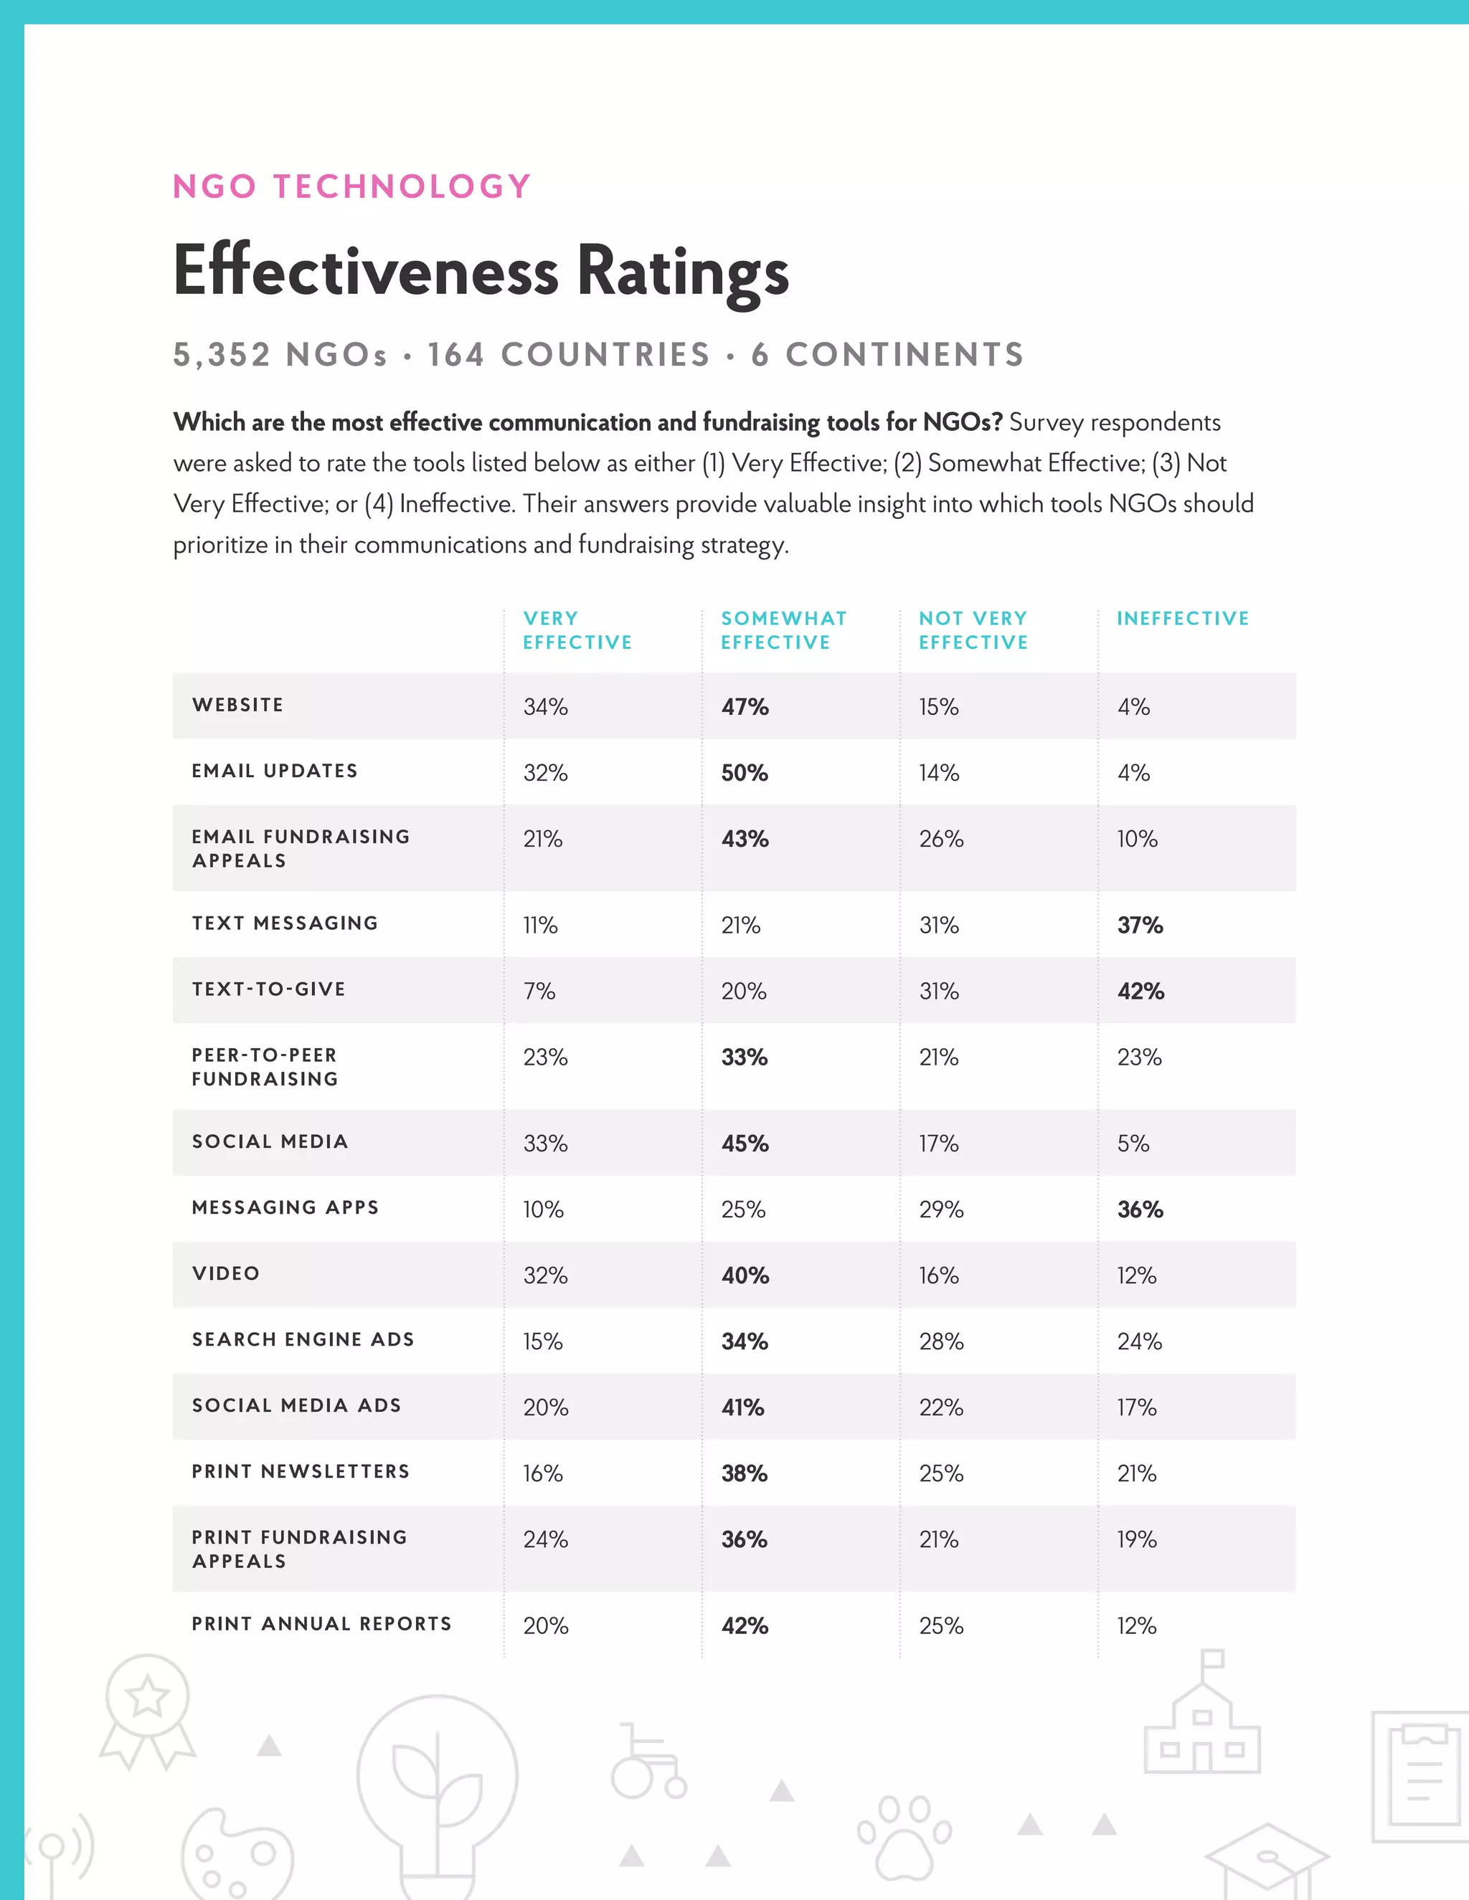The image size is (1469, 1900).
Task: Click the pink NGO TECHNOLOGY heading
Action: coord(351,187)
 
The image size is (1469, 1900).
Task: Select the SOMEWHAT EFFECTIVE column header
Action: coord(783,630)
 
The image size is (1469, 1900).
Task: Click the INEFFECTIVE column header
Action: coord(1183,619)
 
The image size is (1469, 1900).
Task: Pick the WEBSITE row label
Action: coord(237,705)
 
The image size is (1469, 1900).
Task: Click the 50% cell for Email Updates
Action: coord(744,772)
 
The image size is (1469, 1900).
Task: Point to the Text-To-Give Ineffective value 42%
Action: coord(1140,991)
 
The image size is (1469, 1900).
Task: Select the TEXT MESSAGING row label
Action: coord(285,923)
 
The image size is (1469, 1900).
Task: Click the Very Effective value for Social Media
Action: coord(545,1143)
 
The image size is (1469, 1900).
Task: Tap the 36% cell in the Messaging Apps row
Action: coord(1140,1210)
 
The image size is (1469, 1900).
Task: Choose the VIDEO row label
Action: coord(225,1273)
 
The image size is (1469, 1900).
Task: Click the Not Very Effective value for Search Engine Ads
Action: coord(941,1341)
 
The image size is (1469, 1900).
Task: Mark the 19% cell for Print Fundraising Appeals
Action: coord(1137,1539)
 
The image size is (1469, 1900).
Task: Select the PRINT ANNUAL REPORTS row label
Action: coord(321,1623)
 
